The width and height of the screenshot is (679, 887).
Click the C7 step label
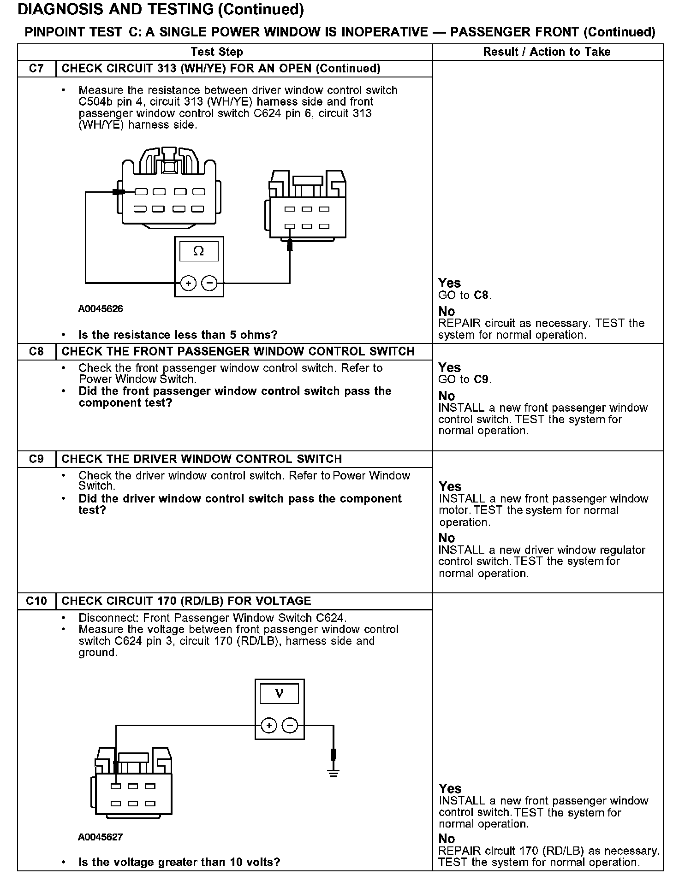click(x=36, y=69)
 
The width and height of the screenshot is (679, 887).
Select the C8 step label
click(x=36, y=351)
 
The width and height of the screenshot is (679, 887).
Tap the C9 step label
click(x=36, y=459)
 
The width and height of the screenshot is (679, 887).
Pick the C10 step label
click(x=36, y=601)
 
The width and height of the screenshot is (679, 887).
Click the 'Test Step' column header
click(x=217, y=52)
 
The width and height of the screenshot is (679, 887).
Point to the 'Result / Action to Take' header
click(x=547, y=52)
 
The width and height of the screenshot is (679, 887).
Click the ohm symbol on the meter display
click(x=198, y=251)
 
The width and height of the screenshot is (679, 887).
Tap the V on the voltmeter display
click(x=279, y=693)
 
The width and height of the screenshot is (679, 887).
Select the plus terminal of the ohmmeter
click(x=188, y=283)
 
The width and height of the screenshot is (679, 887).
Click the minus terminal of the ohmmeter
click(x=210, y=283)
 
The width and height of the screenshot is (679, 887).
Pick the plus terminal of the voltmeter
click(x=269, y=726)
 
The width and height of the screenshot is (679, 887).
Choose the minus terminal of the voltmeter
click(x=290, y=726)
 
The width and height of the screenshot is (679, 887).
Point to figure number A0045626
click(x=101, y=309)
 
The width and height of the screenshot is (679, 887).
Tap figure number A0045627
click(x=101, y=837)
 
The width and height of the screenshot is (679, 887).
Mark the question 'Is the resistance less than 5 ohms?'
click(x=178, y=335)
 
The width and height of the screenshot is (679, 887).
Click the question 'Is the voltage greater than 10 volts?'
click(x=179, y=862)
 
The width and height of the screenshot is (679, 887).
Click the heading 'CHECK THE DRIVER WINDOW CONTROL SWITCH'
click(x=202, y=459)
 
